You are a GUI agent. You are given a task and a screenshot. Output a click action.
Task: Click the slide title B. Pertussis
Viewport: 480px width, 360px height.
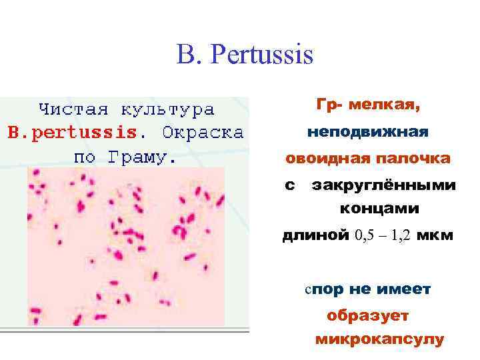(x=245, y=55)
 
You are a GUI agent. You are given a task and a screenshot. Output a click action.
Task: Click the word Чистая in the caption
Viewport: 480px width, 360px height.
(x=71, y=109)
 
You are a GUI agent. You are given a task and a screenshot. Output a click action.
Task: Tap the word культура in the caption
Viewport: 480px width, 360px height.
(x=167, y=109)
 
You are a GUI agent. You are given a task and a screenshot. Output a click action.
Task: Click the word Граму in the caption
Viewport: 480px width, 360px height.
(x=141, y=158)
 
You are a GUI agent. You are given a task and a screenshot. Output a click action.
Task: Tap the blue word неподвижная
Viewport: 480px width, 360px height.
(x=367, y=132)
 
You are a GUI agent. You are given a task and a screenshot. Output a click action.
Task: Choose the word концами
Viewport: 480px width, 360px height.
(x=379, y=209)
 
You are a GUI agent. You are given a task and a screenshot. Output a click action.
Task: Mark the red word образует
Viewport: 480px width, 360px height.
(x=368, y=315)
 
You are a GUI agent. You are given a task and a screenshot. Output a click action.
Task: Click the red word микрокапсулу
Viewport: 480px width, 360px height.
(x=379, y=339)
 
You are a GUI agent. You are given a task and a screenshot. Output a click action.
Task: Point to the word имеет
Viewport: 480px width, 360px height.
(x=403, y=290)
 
